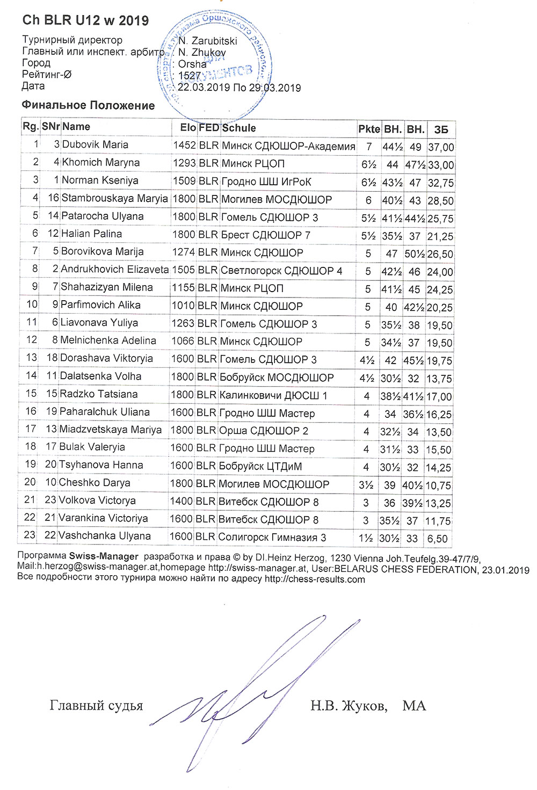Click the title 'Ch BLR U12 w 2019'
[x=85, y=20]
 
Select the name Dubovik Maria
[x=95, y=144]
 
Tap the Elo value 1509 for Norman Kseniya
[x=184, y=181]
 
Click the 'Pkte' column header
[x=369, y=129]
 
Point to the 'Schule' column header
[x=239, y=128]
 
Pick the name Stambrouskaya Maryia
[x=114, y=198]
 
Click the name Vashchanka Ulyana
[x=104, y=536]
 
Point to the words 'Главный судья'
[x=96, y=705]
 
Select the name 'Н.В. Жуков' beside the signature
[x=349, y=705]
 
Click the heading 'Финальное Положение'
[x=88, y=105]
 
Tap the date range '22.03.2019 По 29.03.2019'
[x=239, y=88]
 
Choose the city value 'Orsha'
[x=192, y=64]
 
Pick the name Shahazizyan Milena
[x=106, y=287]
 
